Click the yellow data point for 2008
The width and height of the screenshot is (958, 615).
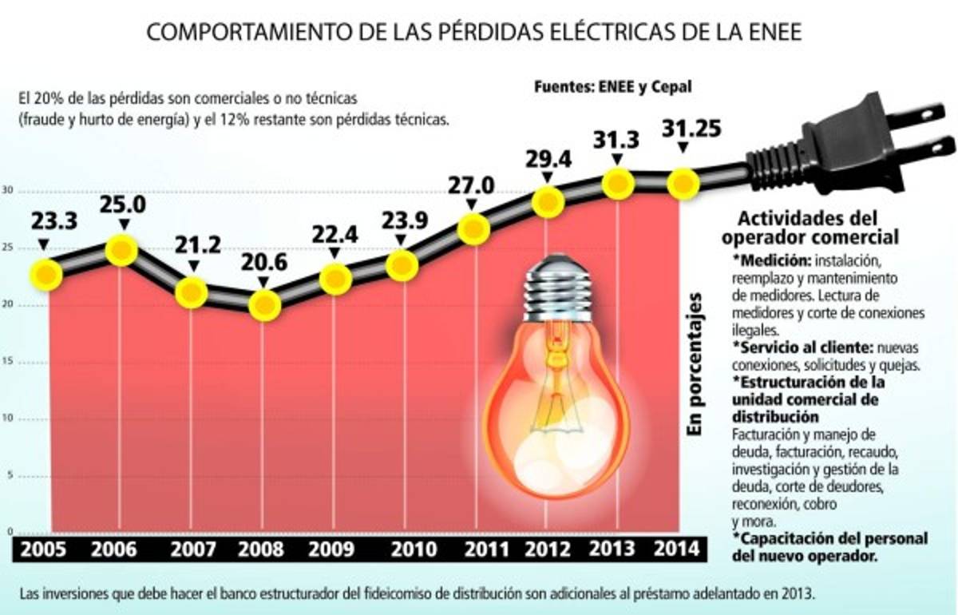264,304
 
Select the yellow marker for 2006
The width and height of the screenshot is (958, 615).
121,251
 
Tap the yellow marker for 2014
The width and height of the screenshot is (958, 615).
683,184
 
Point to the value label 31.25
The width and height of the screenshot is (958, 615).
683,128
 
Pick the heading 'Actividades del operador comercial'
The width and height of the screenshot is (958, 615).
808,227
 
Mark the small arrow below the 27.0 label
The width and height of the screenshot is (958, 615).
473,206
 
